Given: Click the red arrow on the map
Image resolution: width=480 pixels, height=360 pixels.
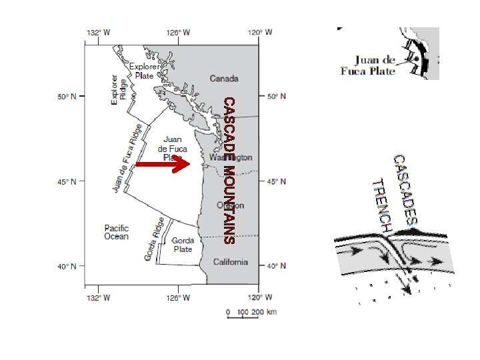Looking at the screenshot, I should tap(163, 164).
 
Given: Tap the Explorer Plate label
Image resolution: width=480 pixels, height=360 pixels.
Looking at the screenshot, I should tap(145, 71).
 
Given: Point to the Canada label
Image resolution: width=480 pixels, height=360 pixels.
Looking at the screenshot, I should tap(224, 79).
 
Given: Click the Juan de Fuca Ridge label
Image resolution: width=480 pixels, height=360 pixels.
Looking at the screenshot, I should tap(127, 159).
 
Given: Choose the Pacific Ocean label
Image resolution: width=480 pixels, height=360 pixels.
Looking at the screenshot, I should tap(116, 232).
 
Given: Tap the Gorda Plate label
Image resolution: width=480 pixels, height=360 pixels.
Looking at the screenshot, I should tap(183, 245).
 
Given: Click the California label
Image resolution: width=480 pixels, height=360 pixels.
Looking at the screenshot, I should tap(231, 262).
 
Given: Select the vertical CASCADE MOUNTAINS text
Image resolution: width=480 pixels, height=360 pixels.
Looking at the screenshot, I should tap(229, 170).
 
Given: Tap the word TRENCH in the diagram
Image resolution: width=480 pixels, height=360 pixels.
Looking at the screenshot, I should tap(381, 205).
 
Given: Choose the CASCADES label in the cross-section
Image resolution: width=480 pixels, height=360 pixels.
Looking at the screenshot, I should tap(406, 190).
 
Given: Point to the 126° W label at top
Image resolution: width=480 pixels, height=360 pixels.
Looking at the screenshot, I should tap(178, 32).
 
